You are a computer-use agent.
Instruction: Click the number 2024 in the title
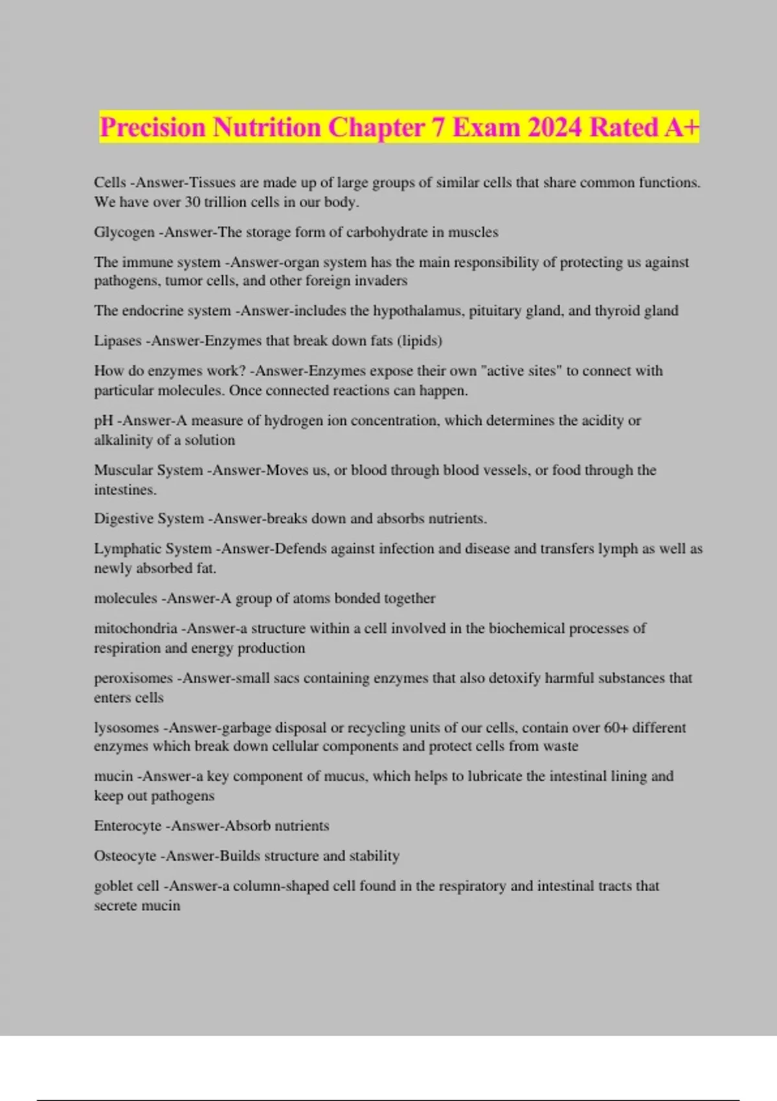[x=554, y=128]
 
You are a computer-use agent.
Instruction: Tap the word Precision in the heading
[x=152, y=128]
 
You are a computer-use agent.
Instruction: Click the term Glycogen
[x=124, y=233]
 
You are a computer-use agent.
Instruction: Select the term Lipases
[x=117, y=341]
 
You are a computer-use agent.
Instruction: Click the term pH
[x=103, y=421]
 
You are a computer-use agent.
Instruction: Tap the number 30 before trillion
[x=192, y=202]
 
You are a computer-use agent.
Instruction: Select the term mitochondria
[x=135, y=628]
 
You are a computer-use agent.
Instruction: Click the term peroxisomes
[x=133, y=678]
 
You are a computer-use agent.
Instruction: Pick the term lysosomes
[x=126, y=728]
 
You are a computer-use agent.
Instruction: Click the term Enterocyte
[x=127, y=826]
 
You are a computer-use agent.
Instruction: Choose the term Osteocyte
[x=125, y=856]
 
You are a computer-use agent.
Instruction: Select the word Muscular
[x=122, y=470]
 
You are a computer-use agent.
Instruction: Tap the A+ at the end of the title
[x=681, y=128]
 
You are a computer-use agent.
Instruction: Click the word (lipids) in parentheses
[x=421, y=341]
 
